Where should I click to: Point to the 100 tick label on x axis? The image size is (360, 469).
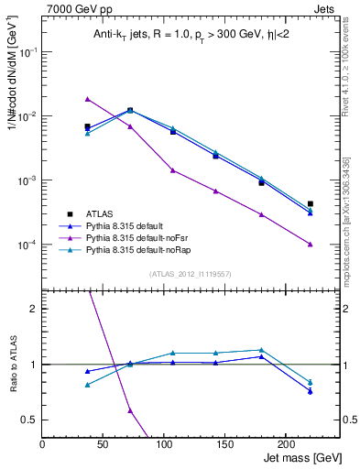tap(122, 443)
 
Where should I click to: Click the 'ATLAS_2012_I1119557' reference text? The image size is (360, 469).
tap(189, 274)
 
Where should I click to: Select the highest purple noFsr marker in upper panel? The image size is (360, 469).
tap(88, 99)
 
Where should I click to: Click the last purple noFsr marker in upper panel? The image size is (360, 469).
tap(310, 244)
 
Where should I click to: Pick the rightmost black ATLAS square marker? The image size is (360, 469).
tap(310, 203)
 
